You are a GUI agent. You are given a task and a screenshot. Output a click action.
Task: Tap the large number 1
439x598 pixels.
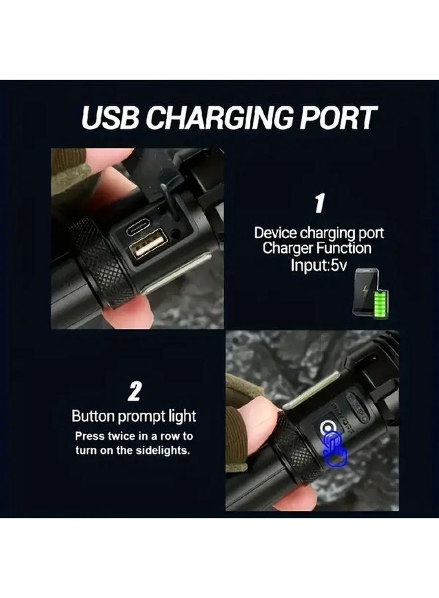point(319,203)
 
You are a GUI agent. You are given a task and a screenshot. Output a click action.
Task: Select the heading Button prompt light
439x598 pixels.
point(134,417)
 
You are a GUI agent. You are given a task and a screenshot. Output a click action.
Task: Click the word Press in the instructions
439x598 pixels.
point(89,437)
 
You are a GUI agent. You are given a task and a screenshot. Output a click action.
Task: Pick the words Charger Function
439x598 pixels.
point(317,249)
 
